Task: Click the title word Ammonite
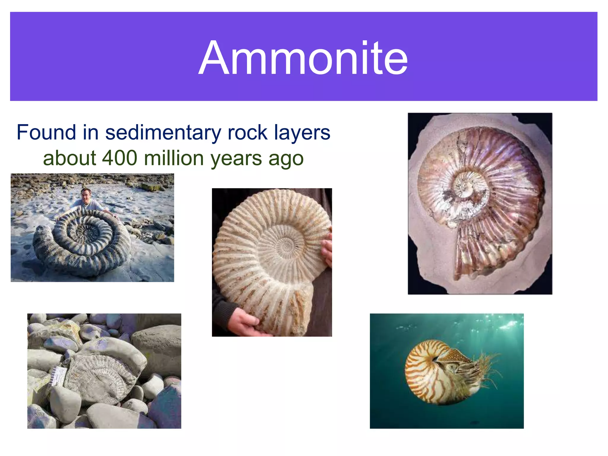[x=303, y=58]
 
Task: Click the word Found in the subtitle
[x=46, y=132]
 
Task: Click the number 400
[x=119, y=158]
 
